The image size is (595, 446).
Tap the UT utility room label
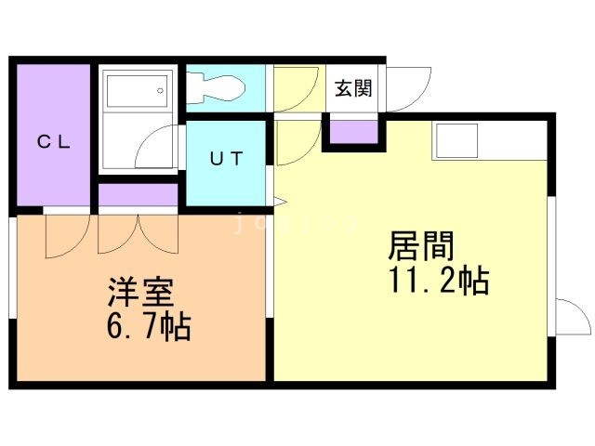coord(227,158)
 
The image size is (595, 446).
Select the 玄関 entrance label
coord(353,89)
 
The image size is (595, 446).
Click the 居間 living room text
coord(421,248)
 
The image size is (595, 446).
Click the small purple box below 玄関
coord(354,131)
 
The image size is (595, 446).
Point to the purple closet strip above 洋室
coord(138,196)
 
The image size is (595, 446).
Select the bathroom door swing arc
coord(161,148)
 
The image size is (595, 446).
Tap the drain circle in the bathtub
coord(161,91)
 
